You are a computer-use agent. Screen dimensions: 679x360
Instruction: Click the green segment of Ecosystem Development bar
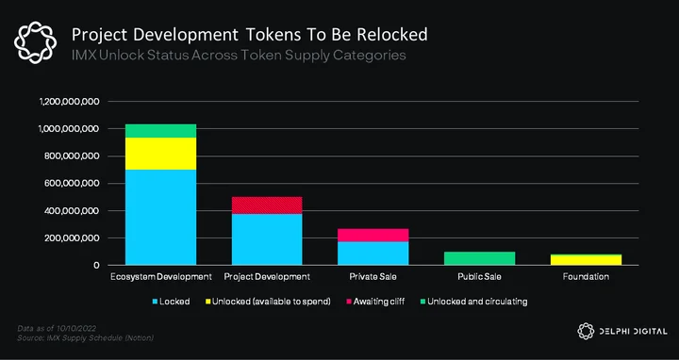tap(160, 131)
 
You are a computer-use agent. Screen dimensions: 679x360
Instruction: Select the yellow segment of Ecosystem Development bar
tap(160, 154)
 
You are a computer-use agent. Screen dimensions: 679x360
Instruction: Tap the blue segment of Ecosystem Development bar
tap(160, 217)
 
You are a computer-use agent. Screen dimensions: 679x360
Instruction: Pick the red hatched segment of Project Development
tap(267, 205)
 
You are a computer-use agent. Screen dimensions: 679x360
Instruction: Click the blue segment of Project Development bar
tap(267, 239)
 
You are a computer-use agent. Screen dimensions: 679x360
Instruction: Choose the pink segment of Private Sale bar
tap(373, 235)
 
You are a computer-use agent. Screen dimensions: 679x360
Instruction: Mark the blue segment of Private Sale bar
tap(373, 254)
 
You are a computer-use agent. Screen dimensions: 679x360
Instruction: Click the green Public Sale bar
tap(479, 258)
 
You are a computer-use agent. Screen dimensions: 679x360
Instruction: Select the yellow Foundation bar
tap(586, 259)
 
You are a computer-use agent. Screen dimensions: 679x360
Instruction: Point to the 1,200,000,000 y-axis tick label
tap(70, 102)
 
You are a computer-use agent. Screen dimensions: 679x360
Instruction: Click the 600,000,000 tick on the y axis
tap(72, 184)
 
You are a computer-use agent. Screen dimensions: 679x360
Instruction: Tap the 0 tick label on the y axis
tap(96, 265)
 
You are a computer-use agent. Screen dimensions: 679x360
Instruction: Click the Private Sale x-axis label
tap(373, 276)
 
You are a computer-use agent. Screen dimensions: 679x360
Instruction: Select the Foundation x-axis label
tap(586, 276)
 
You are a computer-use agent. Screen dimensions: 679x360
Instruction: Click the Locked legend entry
tap(171, 302)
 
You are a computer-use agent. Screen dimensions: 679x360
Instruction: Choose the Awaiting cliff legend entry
tap(375, 302)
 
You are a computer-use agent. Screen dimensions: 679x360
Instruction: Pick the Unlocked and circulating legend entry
tap(473, 302)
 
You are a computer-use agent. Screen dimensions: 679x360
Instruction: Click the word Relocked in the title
tap(392, 35)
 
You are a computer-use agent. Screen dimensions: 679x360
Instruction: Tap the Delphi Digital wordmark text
tap(633, 332)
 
